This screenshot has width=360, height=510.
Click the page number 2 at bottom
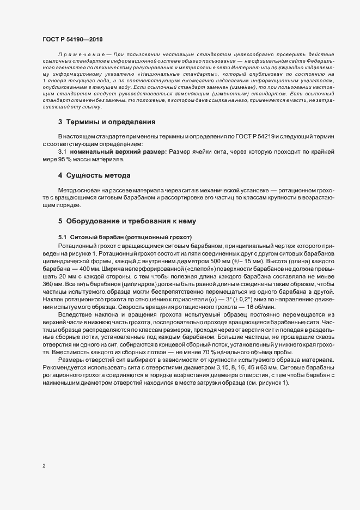tap(44, 466)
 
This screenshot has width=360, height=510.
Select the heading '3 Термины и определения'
tap(107, 122)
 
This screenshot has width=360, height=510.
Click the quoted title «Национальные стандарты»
tap(178, 73)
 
